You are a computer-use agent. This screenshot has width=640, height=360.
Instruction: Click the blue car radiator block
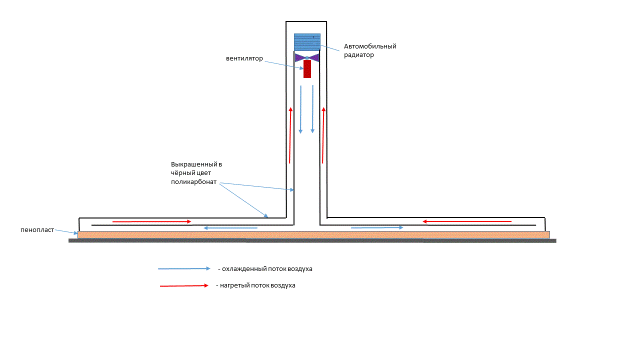(x=307, y=41)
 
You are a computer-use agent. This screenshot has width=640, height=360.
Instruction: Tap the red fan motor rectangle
(x=307, y=69)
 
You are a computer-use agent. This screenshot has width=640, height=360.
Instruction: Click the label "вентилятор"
(x=244, y=58)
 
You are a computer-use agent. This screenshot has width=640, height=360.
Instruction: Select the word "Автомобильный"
(x=370, y=46)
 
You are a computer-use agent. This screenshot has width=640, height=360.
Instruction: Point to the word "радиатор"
(x=359, y=55)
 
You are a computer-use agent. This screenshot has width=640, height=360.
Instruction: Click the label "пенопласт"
(x=37, y=230)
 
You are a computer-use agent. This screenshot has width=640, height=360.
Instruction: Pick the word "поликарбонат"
(x=193, y=182)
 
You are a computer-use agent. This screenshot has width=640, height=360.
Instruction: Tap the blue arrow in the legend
(x=184, y=268)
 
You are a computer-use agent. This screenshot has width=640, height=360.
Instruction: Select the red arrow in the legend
(x=183, y=286)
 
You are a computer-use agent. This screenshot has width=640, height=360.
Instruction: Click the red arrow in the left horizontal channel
(x=151, y=221)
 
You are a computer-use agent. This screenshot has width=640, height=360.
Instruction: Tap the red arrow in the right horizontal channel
(x=467, y=221)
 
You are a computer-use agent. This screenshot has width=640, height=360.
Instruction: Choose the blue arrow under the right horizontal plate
(x=377, y=227)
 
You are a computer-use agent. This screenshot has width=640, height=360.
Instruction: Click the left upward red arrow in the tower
(x=290, y=135)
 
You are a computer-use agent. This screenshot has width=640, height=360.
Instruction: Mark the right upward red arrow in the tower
(x=323, y=135)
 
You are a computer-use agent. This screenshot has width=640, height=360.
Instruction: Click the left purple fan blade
(x=300, y=58)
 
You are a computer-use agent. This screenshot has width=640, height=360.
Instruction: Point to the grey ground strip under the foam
(x=312, y=240)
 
